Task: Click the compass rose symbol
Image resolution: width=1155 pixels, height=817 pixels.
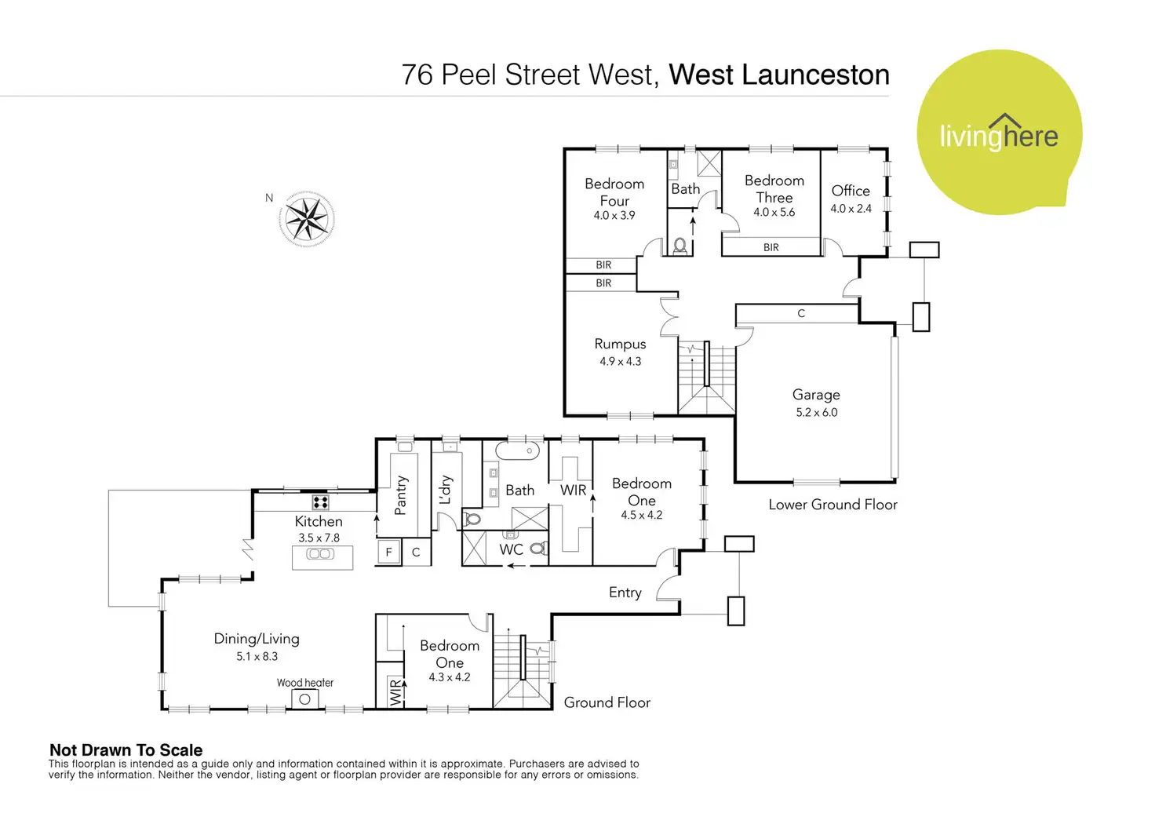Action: point(307,219)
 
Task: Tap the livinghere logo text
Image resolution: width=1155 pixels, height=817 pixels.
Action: point(999,135)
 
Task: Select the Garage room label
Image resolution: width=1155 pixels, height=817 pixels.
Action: point(816,395)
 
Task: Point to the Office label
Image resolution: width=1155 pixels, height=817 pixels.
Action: point(851,191)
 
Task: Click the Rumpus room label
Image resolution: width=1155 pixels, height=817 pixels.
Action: point(620,344)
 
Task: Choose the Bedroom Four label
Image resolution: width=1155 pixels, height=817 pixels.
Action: point(614,191)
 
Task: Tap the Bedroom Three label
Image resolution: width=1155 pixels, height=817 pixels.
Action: point(774,189)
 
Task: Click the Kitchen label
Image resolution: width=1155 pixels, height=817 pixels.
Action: point(319,521)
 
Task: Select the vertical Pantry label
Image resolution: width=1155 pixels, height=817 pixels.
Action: point(401,495)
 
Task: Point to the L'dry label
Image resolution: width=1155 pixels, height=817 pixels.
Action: point(446,489)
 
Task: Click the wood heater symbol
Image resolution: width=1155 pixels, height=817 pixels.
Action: point(304,698)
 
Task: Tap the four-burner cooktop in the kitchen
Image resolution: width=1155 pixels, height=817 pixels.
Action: point(320,502)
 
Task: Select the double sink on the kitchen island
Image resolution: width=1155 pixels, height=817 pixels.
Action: point(320,554)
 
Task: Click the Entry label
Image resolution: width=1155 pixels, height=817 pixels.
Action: point(625,593)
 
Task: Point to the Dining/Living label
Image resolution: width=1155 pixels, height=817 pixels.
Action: point(257,639)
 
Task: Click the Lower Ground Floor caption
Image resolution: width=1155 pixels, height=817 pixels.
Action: point(833,505)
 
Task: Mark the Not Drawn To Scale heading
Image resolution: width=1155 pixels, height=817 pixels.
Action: point(126,750)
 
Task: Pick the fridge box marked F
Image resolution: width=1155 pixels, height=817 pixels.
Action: point(388,552)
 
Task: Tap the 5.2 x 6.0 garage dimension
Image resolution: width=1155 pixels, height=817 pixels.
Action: point(817,412)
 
